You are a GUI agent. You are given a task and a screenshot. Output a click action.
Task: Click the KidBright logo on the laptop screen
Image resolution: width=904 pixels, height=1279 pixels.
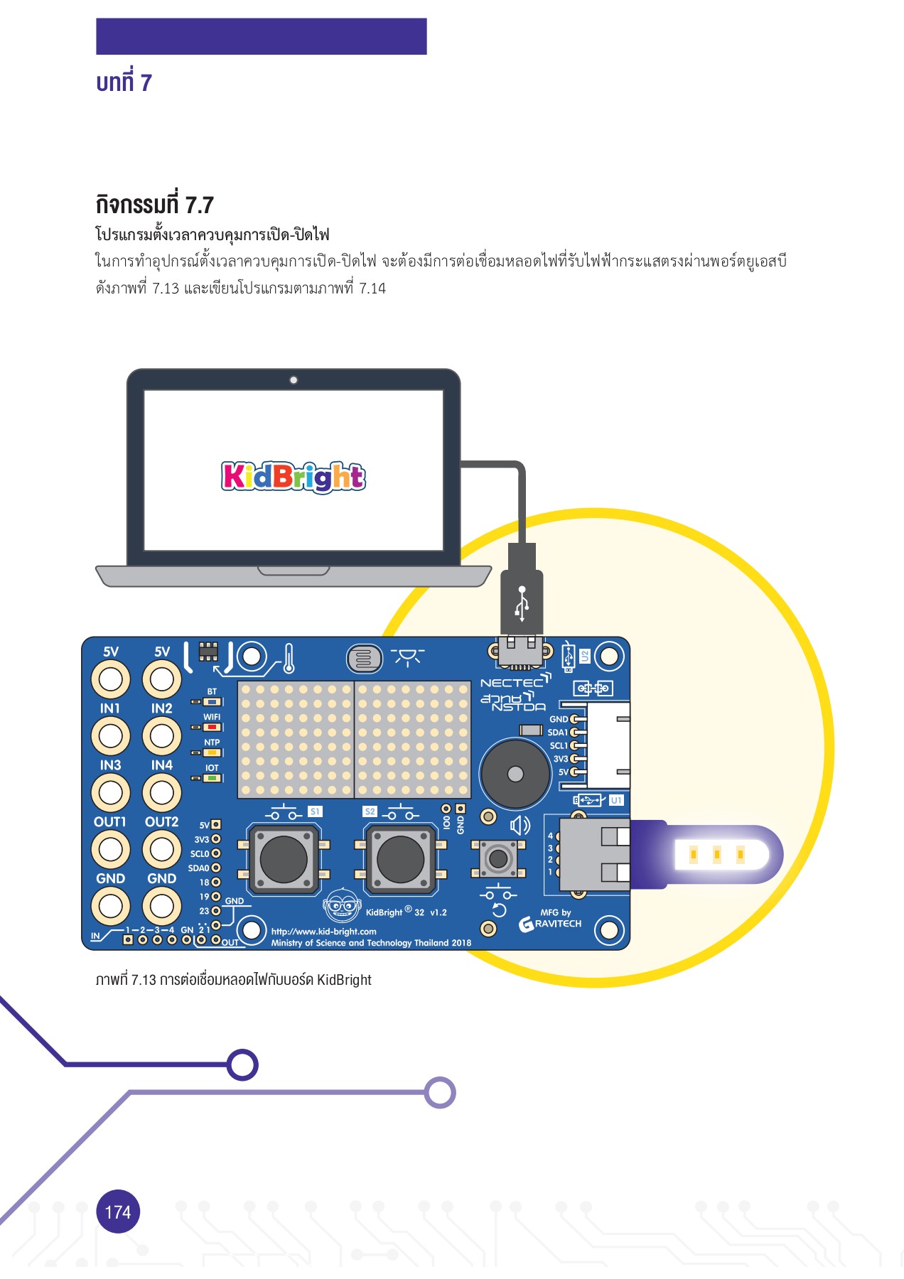(x=294, y=476)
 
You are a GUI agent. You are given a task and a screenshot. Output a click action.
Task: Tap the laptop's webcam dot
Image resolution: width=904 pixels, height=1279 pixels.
(x=294, y=380)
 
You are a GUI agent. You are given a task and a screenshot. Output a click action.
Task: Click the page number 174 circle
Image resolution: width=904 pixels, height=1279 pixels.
(x=118, y=1211)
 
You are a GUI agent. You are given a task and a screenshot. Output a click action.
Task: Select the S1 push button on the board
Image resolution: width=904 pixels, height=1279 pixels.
(x=284, y=858)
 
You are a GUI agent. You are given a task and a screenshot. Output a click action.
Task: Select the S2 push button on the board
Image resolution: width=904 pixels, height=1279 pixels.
(x=400, y=858)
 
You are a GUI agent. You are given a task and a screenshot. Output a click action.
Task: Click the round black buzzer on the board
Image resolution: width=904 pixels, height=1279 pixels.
(x=515, y=774)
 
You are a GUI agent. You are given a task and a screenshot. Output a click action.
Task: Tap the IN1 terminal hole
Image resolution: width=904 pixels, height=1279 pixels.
(x=110, y=736)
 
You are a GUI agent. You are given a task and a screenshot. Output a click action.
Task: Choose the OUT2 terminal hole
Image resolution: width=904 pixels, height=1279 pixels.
(x=162, y=849)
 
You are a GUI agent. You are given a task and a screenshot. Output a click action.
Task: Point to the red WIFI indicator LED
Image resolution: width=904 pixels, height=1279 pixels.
(x=212, y=727)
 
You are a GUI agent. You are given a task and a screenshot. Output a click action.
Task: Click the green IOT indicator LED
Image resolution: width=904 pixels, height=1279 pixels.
(x=212, y=778)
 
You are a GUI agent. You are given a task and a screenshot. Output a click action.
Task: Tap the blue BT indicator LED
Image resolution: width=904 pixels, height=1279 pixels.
(x=212, y=701)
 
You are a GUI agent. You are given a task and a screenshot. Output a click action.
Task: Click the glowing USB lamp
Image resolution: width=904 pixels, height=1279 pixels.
(x=718, y=854)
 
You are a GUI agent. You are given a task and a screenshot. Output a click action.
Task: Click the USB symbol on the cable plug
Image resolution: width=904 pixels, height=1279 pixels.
(x=522, y=603)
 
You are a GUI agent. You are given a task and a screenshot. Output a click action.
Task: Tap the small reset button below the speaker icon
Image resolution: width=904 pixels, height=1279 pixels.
(x=498, y=858)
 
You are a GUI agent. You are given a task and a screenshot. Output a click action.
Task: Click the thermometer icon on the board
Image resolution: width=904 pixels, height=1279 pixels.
(x=289, y=659)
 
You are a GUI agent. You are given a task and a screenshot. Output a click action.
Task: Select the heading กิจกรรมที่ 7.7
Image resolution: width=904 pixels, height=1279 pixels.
(x=154, y=205)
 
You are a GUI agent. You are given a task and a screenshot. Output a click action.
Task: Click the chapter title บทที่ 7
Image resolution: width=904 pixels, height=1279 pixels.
(x=124, y=82)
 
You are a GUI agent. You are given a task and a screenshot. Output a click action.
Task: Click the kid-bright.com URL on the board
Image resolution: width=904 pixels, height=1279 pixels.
(x=323, y=931)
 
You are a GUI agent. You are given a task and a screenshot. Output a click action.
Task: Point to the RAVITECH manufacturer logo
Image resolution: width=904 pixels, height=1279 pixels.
(x=551, y=923)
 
